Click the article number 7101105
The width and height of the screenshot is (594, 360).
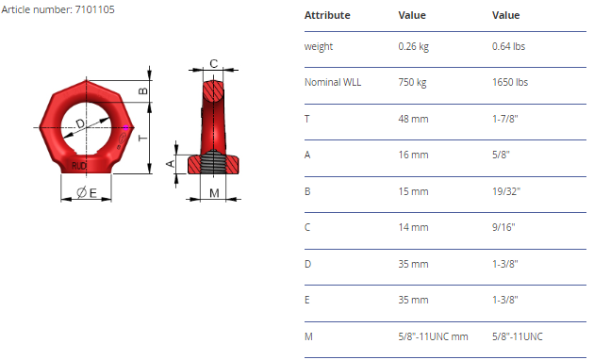(94, 9)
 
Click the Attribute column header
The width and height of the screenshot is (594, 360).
(327, 15)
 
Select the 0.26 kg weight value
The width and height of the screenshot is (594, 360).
(413, 46)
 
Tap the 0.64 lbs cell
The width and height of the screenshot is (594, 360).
(508, 46)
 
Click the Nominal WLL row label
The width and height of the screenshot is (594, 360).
(333, 82)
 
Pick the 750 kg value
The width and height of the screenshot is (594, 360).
(412, 83)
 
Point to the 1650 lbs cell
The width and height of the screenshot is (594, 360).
(510, 82)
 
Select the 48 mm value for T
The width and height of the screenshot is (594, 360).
(413, 119)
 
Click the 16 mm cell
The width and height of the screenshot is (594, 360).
(413, 155)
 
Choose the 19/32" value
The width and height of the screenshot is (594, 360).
(506, 191)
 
